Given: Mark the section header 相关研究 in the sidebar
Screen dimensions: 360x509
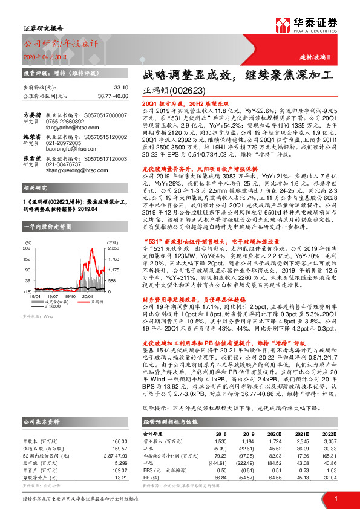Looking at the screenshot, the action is coord(34,189).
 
